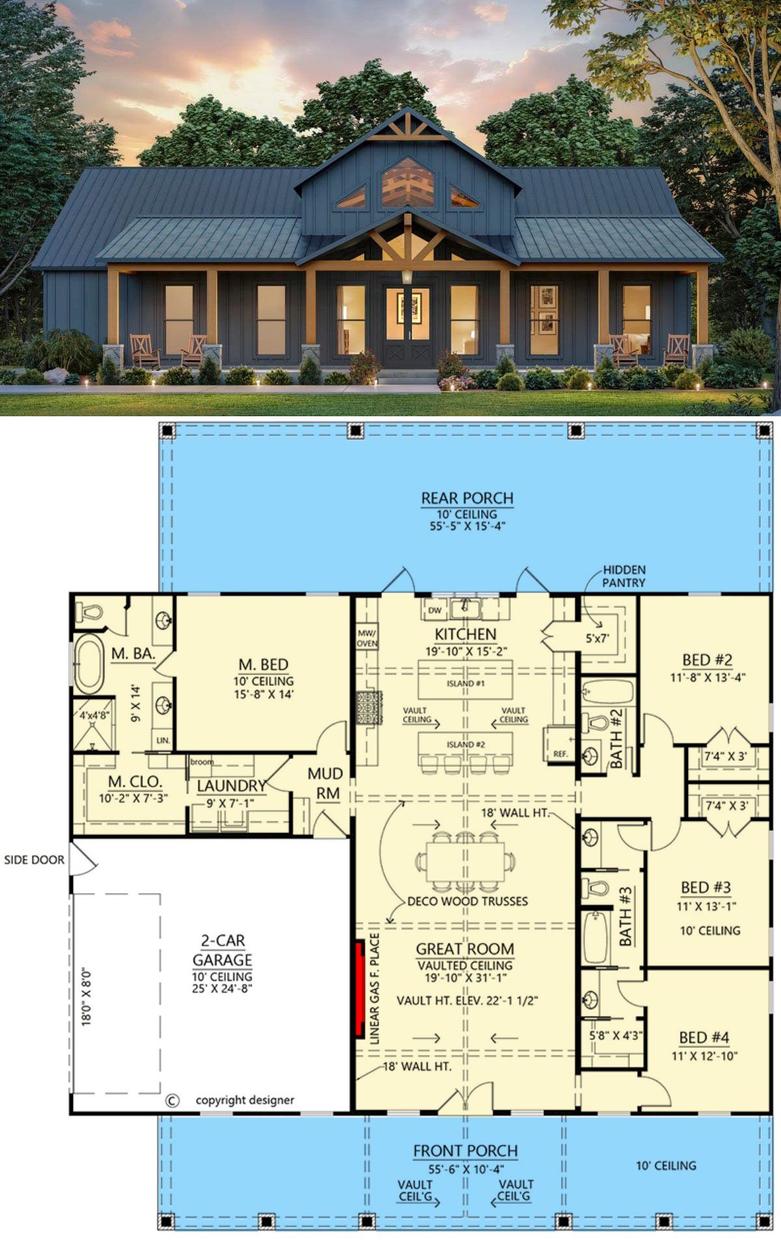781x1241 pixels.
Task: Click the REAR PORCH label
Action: (467, 498)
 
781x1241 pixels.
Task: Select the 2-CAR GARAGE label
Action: (222, 950)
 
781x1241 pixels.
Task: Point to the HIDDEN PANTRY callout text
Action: (623, 576)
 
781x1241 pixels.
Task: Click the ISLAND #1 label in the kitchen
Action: (465, 684)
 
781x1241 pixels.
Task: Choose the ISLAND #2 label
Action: (465, 744)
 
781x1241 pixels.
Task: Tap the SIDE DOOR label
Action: (34, 860)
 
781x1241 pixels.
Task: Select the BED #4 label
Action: (704, 1037)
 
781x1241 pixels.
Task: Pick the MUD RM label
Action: (325, 784)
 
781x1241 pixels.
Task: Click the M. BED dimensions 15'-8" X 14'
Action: (264, 694)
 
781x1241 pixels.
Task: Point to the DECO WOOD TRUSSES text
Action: (467, 901)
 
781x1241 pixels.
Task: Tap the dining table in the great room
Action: (465, 861)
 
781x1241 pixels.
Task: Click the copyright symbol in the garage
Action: (172, 1101)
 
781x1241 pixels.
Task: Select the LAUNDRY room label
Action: (232, 786)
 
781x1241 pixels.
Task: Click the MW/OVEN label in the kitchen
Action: (367, 637)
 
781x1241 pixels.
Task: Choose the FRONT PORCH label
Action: (465, 1151)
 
